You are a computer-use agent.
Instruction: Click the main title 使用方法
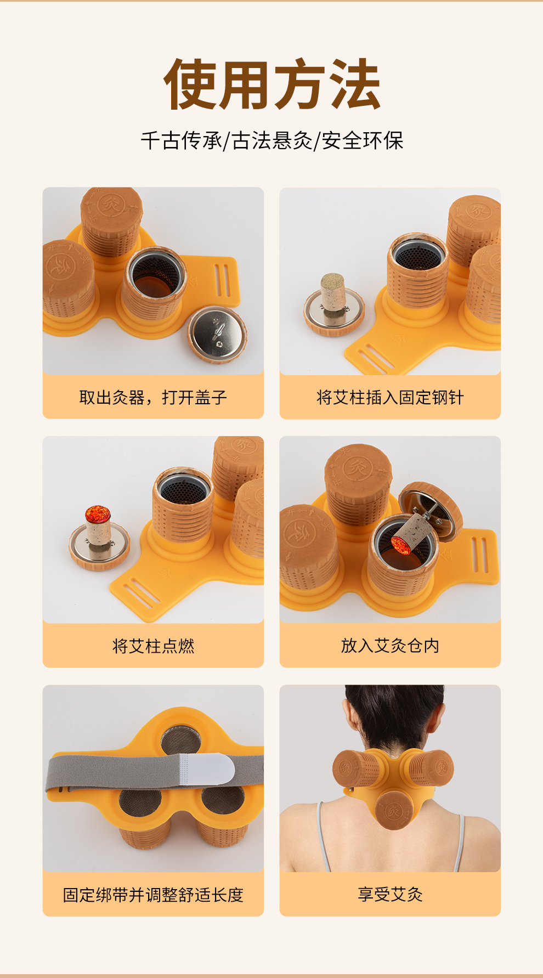pyautogui.click(x=272, y=84)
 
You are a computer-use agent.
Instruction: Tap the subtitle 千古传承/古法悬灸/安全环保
pyautogui.click(x=272, y=141)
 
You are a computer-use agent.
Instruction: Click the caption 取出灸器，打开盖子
pyautogui.click(x=153, y=397)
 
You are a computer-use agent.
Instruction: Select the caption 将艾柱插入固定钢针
pyautogui.click(x=390, y=397)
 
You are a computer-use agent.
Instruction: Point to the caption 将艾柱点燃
pyautogui.click(x=153, y=646)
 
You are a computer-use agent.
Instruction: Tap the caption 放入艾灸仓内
pyautogui.click(x=390, y=646)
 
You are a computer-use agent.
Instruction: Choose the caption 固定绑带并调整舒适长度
pyautogui.click(x=153, y=895)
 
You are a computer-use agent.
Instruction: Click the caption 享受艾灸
pyautogui.click(x=390, y=895)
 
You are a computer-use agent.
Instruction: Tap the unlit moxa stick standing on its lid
pyautogui.click(x=332, y=293)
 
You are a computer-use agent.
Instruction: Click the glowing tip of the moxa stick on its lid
pyautogui.click(x=98, y=514)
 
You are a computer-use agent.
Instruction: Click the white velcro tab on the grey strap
pyautogui.click(x=206, y=768)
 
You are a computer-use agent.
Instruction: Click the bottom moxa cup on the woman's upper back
pyautogui.click(x=394, y=809)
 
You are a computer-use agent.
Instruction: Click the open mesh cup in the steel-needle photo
pyautogui.click(x=418, y=272)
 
